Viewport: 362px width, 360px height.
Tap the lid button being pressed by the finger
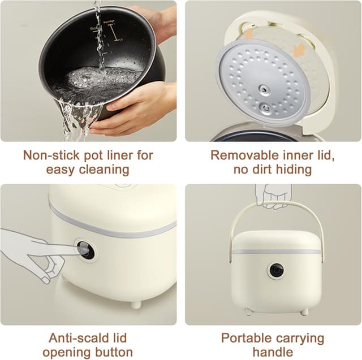point(86,249)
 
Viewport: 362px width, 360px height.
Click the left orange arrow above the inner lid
point(248,34)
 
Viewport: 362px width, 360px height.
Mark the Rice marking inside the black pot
point(94,27)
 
